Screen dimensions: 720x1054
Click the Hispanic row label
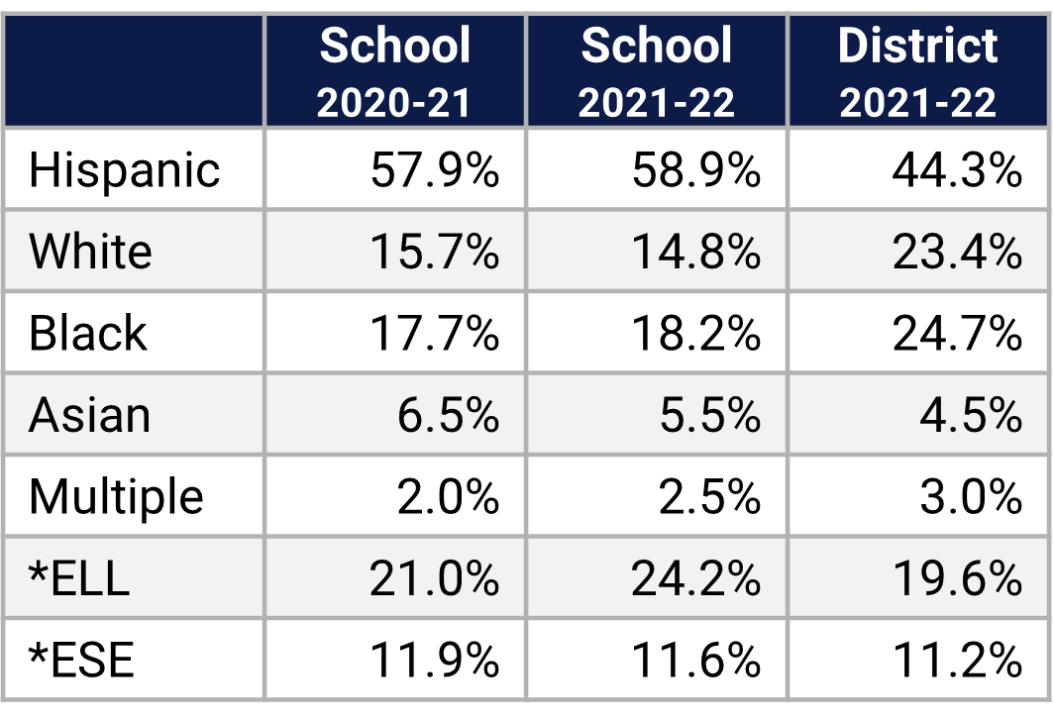click(x=124, y=169)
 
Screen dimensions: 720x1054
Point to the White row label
click(x=90, y=252)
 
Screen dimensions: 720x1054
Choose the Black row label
click(x=87, y=333)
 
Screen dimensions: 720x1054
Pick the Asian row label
click(x=89, y=415)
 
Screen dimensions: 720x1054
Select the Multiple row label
click(x=116, y=496)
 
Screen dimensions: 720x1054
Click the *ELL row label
click(x=79, y=578)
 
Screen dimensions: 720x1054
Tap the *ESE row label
click(x=81, y=660)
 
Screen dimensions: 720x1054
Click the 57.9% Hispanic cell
click(x=434, y=170)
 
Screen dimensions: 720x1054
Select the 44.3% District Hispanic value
click(x=956, y=170)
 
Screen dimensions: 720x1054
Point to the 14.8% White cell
click(x=695, y=252)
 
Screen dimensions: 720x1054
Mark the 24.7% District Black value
click(x=956, y=334)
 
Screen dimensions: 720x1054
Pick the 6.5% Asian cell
click(x=448, y=415)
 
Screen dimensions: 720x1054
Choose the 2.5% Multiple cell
click(x=709, y=496)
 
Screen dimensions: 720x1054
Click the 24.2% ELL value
click(x=695, y=578)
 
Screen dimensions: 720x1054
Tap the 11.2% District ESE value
click(x=956, y=660)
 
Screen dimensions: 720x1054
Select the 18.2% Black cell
click(x=695, y=334)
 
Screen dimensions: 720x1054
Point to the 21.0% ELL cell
click(x=434, y=578)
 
